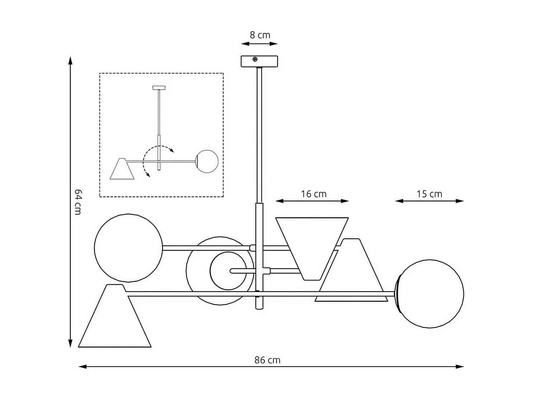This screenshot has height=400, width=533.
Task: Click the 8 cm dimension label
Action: click(260, 35)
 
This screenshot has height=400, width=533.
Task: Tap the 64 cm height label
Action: click(77, 201)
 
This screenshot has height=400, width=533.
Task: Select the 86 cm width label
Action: click(267, 360)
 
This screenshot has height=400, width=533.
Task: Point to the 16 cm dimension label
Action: click(313, 194)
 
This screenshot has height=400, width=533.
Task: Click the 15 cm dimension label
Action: click(429, 194)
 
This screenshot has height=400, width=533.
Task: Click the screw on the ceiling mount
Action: click(255, 59)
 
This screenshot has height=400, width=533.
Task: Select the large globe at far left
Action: click(128, 248)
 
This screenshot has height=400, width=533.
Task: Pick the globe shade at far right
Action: click(430, 294)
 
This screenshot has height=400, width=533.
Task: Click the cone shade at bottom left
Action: click(115, 320)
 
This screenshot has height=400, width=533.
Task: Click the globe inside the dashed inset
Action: click(207, 161)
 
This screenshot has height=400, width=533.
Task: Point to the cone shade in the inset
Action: click(122, 169)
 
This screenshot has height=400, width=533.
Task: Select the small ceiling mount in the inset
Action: click(159, 87)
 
